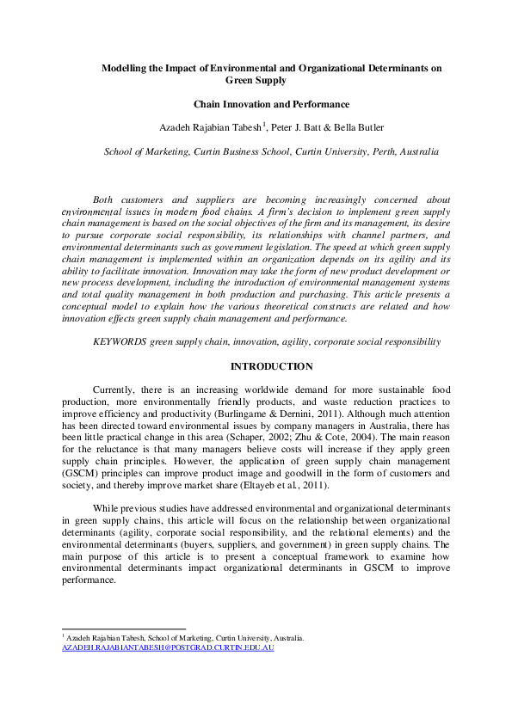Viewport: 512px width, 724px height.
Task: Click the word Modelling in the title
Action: tap(123, 66)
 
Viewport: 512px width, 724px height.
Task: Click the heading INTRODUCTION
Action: tap(255, 367)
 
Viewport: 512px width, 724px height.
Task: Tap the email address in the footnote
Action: tap(168, 647)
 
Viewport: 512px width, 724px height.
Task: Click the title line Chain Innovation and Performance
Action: tap(255, 105)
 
